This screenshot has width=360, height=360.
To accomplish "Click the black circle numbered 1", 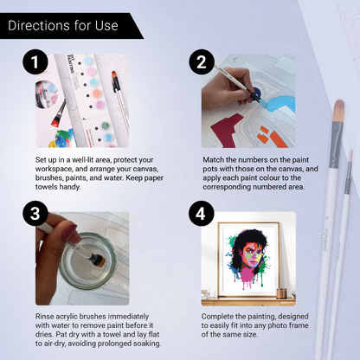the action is click(35, 61).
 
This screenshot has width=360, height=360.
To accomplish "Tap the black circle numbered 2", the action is click(202, 61).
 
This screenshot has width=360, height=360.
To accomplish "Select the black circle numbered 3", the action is click(35, 214).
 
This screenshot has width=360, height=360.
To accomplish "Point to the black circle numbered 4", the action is click(202, 214).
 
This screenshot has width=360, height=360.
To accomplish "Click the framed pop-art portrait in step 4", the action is click(248, 260).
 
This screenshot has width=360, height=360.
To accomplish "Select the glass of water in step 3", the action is click(87, 261).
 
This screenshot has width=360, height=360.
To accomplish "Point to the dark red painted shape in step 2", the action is click(228, 129).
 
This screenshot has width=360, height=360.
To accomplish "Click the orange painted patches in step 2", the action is click(272, 137).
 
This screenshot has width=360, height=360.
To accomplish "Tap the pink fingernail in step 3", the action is click(68, 232).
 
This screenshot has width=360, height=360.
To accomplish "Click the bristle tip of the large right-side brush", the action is click(338, 111).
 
